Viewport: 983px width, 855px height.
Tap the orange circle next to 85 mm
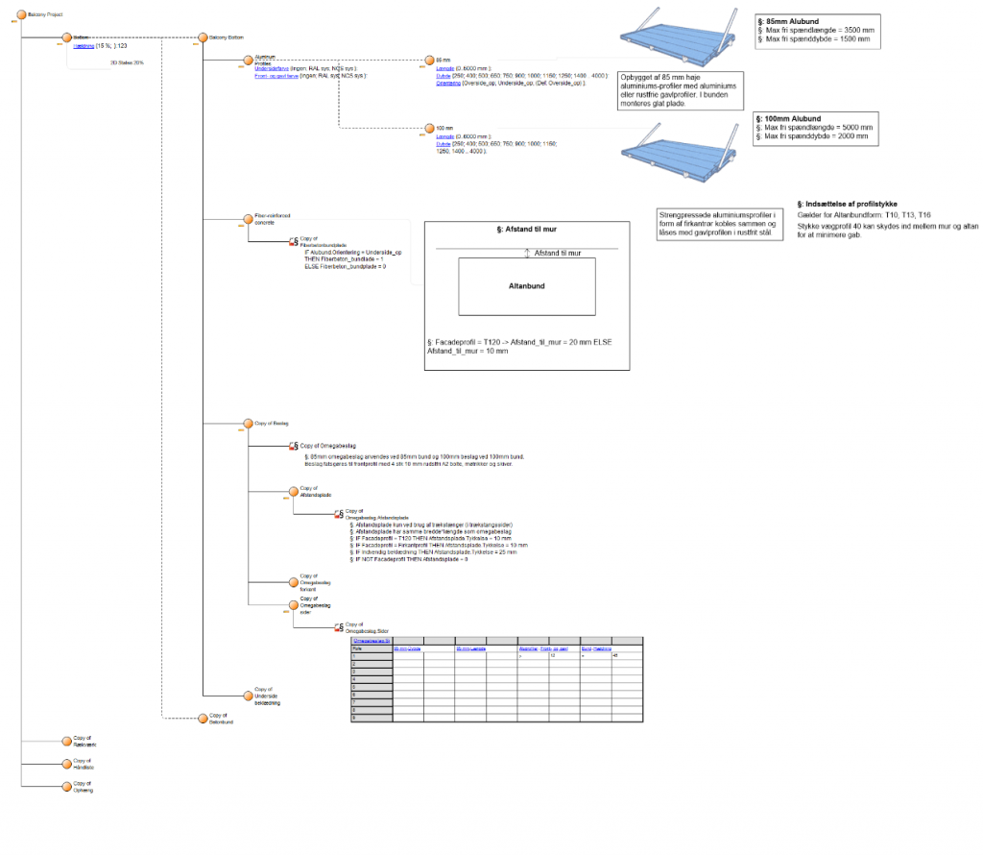click(x=429, y=60)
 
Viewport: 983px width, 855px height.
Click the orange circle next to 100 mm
click(x=429, y=128)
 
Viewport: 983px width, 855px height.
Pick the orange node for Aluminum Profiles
click(x=247, y=60)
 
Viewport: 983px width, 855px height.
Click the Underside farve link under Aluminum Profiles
click(x=275, y=69)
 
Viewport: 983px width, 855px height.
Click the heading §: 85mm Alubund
click(x=788, y=20)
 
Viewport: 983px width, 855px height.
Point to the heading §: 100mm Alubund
click(x=789, y=118)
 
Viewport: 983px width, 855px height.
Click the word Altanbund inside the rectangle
click(x=527, y=286)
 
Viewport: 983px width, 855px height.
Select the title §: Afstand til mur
click(x=527, y=232)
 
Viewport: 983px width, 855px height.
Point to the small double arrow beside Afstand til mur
click(x=527, y=254)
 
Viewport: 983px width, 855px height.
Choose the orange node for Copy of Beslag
click(x=247, y=423)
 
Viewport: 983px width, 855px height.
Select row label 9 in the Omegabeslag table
click(x=355, y=718)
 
